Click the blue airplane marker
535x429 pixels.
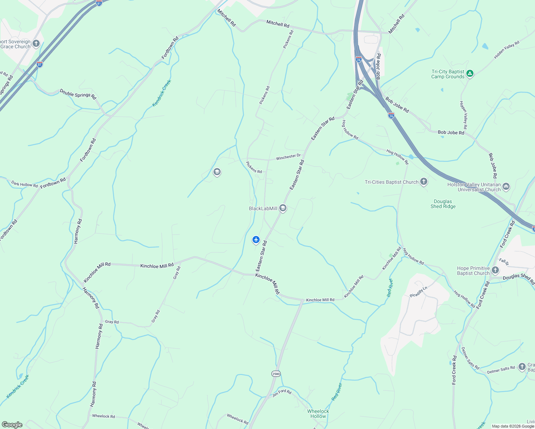point(256,240)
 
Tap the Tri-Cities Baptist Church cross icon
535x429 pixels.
point(424,182)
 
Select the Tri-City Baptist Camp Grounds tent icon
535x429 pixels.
point(470,74)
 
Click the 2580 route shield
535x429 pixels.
point(276,374)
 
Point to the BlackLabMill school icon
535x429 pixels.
point(283,208)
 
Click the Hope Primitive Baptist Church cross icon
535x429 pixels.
point(495,270)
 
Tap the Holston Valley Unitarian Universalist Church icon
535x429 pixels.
point(506,186)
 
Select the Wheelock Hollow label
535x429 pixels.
point(318,414)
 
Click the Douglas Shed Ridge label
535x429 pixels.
point(443,204)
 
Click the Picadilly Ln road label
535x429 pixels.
point(418,292)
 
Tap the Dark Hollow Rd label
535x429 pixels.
point(24,184)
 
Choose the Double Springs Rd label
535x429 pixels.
point(78,94)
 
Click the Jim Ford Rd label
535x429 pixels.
point(282,393)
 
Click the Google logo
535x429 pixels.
point(12,425)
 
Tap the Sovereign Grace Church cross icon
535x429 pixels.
point(36,44)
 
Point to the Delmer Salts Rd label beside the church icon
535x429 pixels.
point(501,370)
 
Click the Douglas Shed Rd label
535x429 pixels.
point(519,277)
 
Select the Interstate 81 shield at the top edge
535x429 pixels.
point(99,3)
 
